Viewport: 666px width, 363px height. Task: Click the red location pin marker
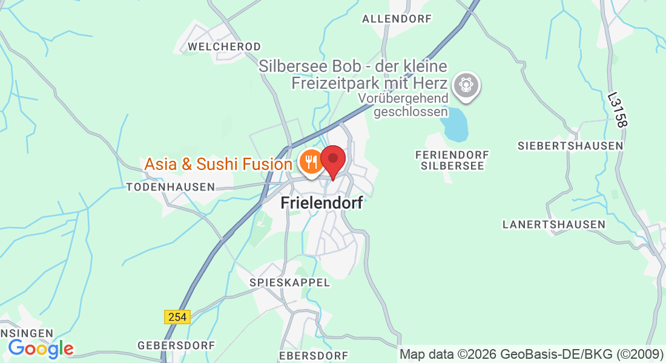coord(332,160)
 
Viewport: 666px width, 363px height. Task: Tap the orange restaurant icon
coord(311,162)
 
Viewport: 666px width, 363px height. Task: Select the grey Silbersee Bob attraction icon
coord(466,84)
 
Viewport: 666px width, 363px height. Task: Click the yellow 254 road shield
coord(177,316)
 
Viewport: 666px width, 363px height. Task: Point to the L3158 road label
coord(617,110)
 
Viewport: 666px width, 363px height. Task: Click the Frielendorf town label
coord(322,203)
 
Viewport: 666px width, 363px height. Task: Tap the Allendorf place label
coord(397,19)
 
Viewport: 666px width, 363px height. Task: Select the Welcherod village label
coord(224,47)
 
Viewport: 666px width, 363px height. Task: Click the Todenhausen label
coord(170,188)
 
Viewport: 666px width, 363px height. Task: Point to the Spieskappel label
coord(290,283)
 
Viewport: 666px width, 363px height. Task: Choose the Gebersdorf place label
coord(176,345)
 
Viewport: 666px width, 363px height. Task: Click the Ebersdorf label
coord(314,355)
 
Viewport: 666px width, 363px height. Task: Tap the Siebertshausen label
coord(570,146)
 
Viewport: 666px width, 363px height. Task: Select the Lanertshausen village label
coord(553,224)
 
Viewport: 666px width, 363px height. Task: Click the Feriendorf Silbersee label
coord(452,160)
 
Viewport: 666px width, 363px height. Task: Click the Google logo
coord(41,348)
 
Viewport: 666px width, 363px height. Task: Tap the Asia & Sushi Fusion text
coord(218,164)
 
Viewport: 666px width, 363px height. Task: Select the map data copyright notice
coord(531,355)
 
